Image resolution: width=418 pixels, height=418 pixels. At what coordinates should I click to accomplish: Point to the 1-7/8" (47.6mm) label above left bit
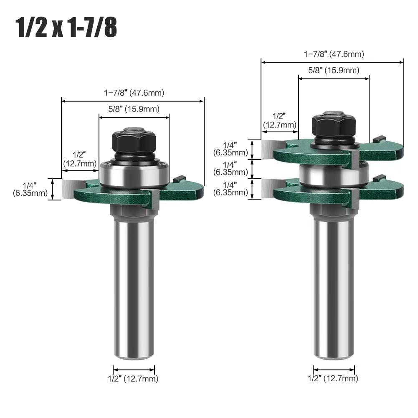click(x=134, y=93)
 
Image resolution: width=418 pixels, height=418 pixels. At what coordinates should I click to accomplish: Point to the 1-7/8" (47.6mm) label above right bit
click(x=334, y=54)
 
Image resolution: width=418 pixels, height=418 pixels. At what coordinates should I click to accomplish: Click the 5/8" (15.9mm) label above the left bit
click(x=134, y=109)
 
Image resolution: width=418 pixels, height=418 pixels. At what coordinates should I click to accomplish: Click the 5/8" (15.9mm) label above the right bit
click(x=334, y=71)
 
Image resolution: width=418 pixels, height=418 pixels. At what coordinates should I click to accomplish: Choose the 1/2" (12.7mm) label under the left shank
click(x=134, y=379)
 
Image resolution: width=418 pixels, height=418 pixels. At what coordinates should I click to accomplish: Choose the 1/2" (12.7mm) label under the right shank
click(x=333, y=379)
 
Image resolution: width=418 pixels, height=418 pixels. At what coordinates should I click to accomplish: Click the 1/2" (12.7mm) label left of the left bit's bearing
click(x=80, y=159)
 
